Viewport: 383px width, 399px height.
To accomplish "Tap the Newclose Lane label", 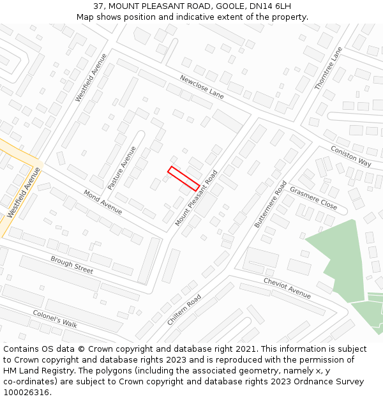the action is (202, 87).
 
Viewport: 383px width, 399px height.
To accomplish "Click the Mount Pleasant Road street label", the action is (197, 198).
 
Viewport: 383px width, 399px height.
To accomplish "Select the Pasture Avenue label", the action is (121, 168).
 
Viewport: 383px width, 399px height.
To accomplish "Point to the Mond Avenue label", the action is (103, 202).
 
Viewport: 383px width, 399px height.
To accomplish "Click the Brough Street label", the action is (72, 264).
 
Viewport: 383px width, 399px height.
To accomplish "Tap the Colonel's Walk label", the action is (55, 319).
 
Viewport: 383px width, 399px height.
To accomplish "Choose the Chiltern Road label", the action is (184, 310).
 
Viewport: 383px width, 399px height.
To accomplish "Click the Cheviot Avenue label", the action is (287, 288).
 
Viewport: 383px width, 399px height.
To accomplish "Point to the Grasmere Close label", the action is (313, 198).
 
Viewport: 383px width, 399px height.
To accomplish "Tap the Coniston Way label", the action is (350, 156).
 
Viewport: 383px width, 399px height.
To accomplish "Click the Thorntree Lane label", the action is (329, 68).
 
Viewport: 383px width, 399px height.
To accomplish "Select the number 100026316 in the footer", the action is (26, 393).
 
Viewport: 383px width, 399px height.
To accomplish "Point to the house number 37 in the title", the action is (98, 6).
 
